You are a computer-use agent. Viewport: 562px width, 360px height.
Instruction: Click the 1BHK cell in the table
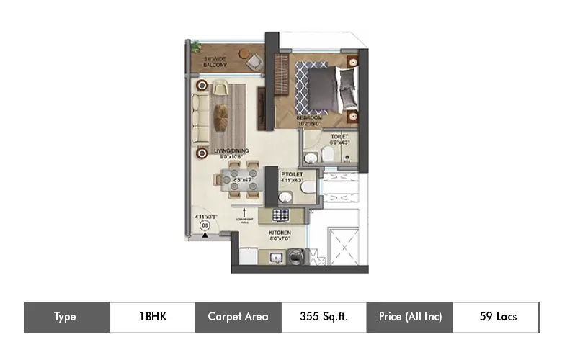(152, 317)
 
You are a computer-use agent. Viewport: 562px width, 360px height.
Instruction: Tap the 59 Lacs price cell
(496, 317)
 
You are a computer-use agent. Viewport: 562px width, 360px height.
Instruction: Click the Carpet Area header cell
(238, 317)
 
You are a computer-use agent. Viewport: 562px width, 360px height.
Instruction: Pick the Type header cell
(66, 317)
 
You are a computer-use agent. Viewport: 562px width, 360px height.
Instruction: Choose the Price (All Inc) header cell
(409, 317)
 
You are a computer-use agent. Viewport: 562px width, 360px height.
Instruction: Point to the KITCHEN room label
(279, 233)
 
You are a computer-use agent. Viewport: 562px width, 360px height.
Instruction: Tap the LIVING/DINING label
(230, 151)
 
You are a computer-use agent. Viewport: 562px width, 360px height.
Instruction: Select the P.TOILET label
(292, 174)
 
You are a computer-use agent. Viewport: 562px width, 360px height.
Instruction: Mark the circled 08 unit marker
(205, 225)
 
